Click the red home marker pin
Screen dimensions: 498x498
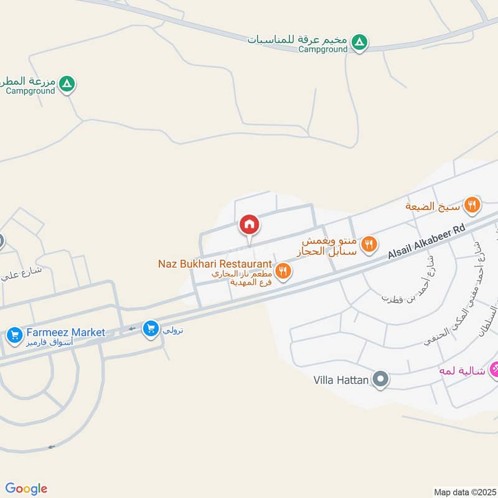click(x=249, y=224)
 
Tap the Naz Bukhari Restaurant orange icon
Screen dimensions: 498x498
click(x=283, y=270)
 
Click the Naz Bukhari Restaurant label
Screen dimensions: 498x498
click(x=215, y=264)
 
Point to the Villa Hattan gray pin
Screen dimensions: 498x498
click(x=380, y=378)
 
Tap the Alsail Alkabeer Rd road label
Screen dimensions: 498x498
click(x=426, y=242)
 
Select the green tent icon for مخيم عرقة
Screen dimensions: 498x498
click(x=359, y=42)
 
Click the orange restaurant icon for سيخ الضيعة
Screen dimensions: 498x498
click(x=472, y=204)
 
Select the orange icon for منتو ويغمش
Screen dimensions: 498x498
click(x=369, y=244)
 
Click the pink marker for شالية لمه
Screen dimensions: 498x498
click(x=495, y=369)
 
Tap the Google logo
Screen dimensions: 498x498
click(x=26, y=489)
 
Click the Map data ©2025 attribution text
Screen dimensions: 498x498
click(x=465, y=492)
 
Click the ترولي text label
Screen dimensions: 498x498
click(x=172, y=330)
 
